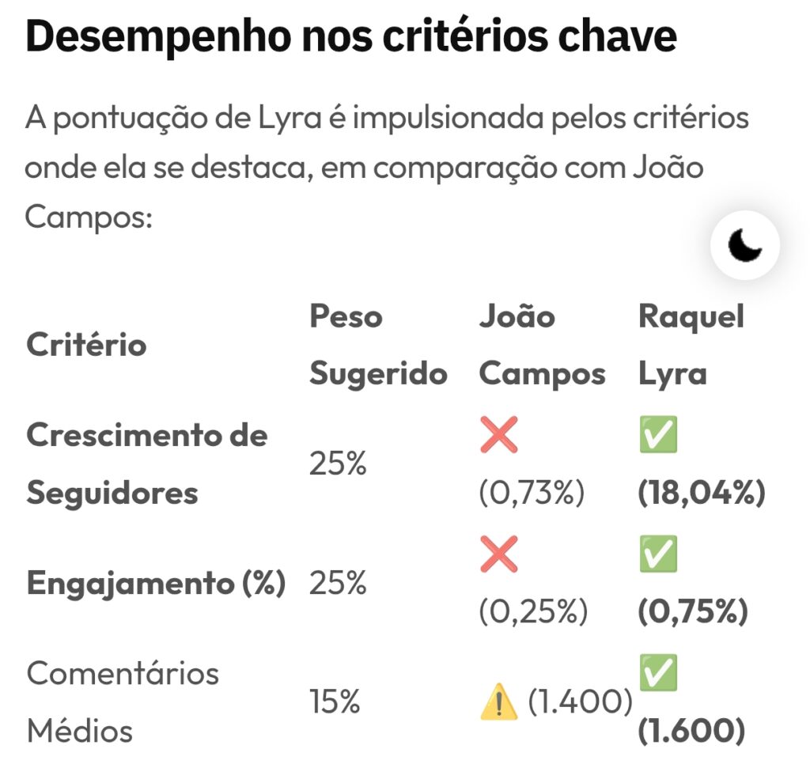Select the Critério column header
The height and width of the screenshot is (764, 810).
click(x=86, y=345)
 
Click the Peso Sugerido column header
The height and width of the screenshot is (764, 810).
click(x=377, y=345)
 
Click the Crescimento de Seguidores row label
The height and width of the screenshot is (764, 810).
click(x=146, y=464)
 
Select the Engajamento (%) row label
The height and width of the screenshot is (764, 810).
click(x=156, y=584)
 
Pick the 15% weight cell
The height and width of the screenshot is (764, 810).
click(x=335, y=702)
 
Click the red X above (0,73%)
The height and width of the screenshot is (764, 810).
click(x=499, y=436)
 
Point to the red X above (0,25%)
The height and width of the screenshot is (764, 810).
click(x=499, y=554)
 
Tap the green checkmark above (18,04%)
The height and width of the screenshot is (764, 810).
click(x=658, y=436)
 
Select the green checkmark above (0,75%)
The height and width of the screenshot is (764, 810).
click(x=658, y=554)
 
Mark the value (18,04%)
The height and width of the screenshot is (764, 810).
click(x=702, y=494)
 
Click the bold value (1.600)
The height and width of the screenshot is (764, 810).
click(x=691, y=732)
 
